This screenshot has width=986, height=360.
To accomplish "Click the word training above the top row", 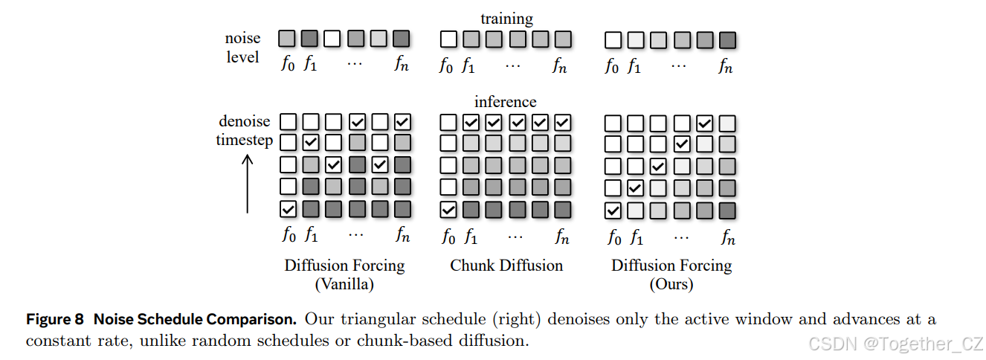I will (506, 19).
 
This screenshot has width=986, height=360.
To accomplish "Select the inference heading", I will (506, 101).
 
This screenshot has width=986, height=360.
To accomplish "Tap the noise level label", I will (242, 47).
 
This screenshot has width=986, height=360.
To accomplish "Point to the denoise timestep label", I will (245, 130).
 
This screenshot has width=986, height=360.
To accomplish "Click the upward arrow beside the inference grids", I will (247, 183).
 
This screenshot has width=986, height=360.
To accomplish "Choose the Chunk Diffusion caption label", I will (506, 266).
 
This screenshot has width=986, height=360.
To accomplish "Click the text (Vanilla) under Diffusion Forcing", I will (344, 283).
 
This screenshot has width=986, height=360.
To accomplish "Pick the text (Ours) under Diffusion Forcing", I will (671, 283).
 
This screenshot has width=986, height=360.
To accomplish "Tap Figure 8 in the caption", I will (54, 320).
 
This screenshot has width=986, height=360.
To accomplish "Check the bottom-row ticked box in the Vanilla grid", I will (288, 209).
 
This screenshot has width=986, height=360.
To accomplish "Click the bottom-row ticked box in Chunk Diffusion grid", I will (448, 210).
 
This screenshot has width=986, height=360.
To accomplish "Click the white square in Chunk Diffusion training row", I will (448, 39).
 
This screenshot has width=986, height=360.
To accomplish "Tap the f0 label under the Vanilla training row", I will (288, 64).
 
